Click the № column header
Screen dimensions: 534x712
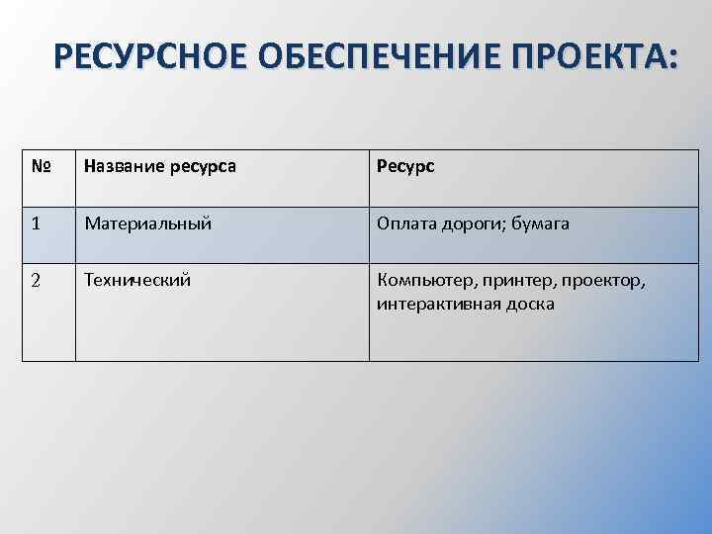point(42,167)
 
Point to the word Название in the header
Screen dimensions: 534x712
point(125,167)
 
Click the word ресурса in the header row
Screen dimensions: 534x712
point(203,167)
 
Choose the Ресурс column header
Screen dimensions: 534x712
point(405,167)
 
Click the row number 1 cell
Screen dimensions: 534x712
point(37,224)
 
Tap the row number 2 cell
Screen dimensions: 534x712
point(37,281)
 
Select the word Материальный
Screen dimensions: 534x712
point(148,224)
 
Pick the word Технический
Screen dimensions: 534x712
point(138,281)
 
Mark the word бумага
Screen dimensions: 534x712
point(541,224)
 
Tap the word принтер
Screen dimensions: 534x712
point(511,282)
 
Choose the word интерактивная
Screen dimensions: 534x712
point(439,305)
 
